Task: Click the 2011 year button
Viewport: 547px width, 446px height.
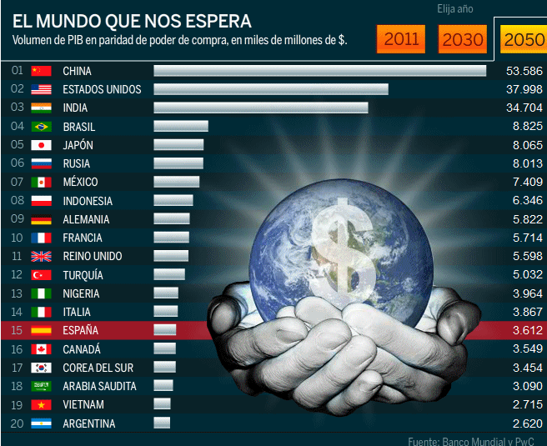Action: pyautogui.click(x=401, y=38)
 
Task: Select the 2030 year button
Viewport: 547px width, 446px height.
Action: pyautogui.click(x=463, y=38)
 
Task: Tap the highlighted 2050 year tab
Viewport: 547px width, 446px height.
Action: pyautogui.click(x=523, y=38)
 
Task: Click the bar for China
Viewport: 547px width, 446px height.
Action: pyautogui.click(x=319, y=71)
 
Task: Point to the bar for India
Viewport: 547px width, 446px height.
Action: pyautogui.click(x=260, y=108)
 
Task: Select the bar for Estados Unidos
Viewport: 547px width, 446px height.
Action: pyautogui.click(x=271, y=89)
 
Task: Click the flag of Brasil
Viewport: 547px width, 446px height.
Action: pyautogui.click(x=41, y=127)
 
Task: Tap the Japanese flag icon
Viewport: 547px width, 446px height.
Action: pyautogui.click(x=41, y=145)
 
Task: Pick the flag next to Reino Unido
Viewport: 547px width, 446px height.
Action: pyautogui.click(x=41, y=256)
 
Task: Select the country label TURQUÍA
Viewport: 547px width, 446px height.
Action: pyautogui.click(x=83, y=275)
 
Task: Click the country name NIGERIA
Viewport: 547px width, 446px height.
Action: pyautogui.click(x=81, y=293)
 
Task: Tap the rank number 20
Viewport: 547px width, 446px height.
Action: pyautogui.click(x=17, y=423)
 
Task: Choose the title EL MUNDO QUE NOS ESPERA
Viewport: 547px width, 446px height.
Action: pyautogui.click(x=132, y=19)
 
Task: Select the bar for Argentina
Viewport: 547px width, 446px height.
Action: pyautogui.click(x=162, y=423)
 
